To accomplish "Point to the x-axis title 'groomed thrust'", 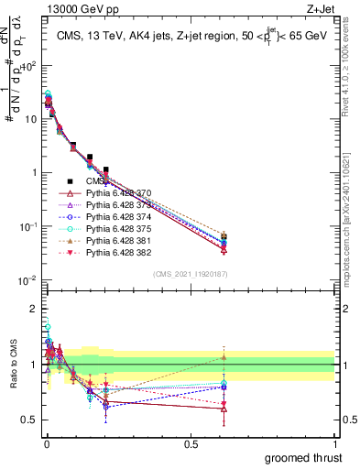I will pos(303,457).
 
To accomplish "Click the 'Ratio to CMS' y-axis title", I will pos(12,365).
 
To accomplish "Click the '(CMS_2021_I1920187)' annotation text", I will pos(190,273).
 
